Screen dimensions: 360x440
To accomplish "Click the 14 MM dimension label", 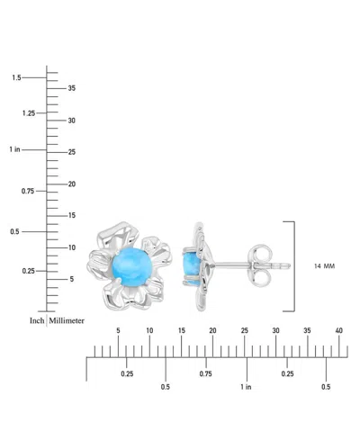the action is [324, 266].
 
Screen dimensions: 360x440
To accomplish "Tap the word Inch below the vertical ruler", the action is [37, 320].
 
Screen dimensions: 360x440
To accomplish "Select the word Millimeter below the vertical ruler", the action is [67, 320].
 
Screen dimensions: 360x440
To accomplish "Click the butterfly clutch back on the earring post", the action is [260, 265].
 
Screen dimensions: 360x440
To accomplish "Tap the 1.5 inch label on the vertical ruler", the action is [16, 77].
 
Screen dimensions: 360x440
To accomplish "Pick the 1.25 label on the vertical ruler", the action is [29, 113].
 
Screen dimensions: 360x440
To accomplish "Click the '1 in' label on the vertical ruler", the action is [14, 149].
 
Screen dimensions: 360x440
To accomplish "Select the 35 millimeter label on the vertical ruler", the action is [71, 88].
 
